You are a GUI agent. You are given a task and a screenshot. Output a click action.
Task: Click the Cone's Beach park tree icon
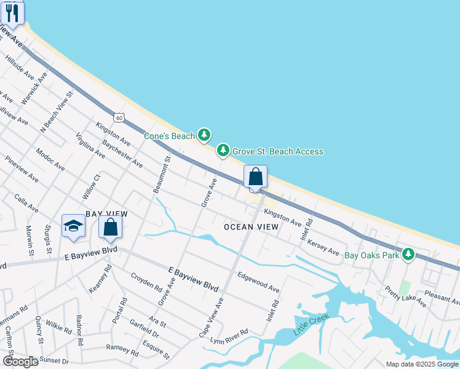pyautogui.click(x=204, y=135)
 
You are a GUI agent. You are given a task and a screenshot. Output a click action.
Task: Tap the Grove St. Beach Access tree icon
pyautogui.click(x=223, y=151)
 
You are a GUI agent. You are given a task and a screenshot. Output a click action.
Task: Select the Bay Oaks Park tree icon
pyautogui.click(x=408, y=254)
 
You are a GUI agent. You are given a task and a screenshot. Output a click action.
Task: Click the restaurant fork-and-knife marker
pyautogui.click(x=12, y=12)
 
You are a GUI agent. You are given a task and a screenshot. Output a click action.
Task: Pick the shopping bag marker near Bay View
pyautogui.click(x=111, y=227)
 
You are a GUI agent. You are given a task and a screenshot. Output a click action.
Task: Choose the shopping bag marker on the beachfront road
pyautogui.click(x=256, y=177)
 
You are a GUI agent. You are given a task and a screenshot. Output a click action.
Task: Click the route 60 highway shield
pyautogui.click(x=119, y=117)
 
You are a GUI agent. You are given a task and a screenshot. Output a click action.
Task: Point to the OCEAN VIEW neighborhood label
pyautogui.click(x=251, y=228)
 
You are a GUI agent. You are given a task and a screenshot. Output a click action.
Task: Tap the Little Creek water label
pyautogui.click(x=311, y=324)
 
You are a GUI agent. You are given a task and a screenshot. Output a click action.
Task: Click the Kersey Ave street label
pyautogui.click(x=323, y=247)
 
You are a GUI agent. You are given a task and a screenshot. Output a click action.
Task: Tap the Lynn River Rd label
pyautogui.click(x=229, y=336)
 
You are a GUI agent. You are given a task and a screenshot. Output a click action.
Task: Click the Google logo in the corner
pyautogui.click(x=20, y=361)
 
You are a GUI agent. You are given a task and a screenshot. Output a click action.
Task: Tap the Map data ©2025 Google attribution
pyautogui.click(x=421, y=364)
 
